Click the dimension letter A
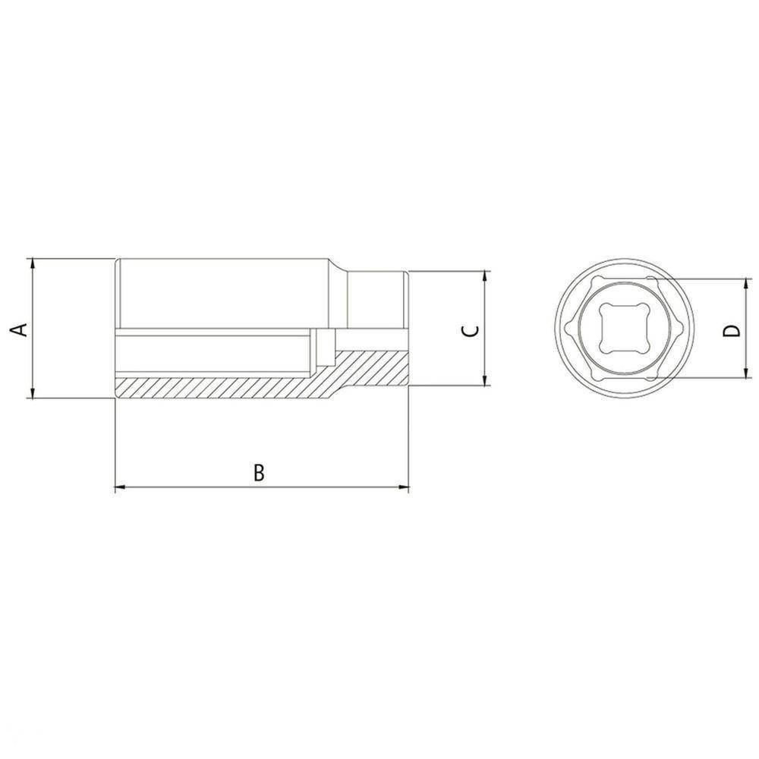[21, 329]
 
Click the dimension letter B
[259, 473]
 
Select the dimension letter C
[471, 329]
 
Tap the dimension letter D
[731, 330]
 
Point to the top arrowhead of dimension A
[32, 263]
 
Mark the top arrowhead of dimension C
[484, 276]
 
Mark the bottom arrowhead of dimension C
[484, 381]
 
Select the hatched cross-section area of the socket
[228, 386]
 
